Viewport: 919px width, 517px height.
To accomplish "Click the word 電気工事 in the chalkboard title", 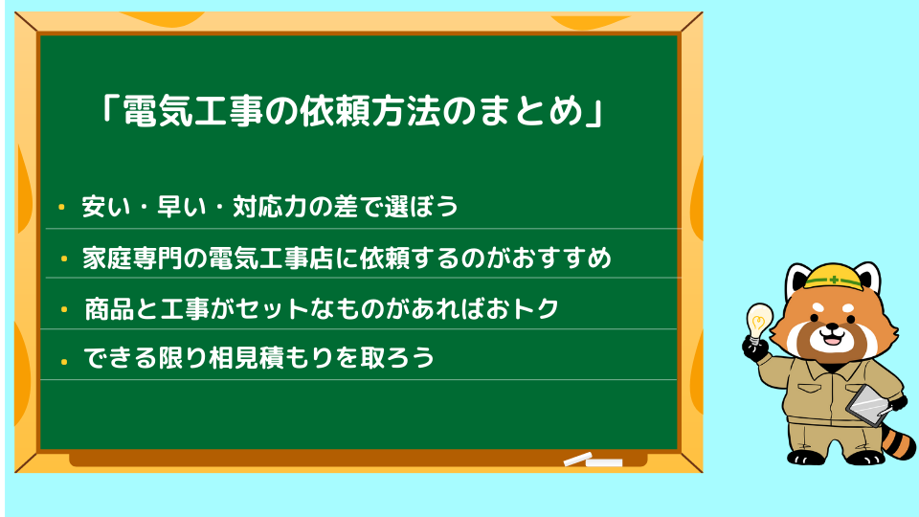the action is click(x=193, y=110).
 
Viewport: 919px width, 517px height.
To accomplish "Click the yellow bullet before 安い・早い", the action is click(x=61, y=207).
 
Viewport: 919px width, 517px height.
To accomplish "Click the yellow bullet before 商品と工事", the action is click(x=64, y=309).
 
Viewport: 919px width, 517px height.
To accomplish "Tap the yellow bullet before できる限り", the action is click(x=64, y=361).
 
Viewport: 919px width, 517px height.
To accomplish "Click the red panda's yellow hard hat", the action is click(x=834, y=277).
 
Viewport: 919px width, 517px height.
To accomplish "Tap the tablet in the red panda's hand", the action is click(x=867, y=405).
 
